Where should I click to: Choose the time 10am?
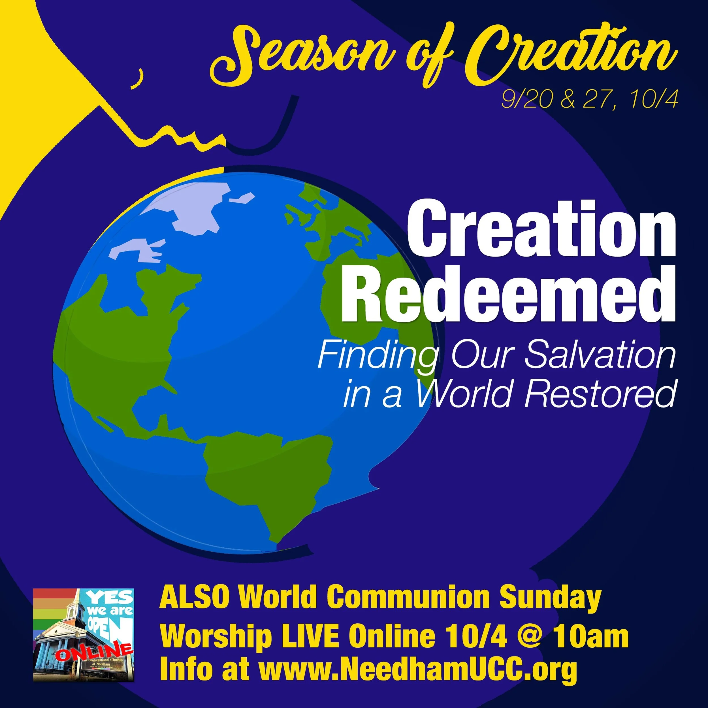pyautogui.click(x=591, y=637)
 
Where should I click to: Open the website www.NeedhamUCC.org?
pyautogui.click(x=418, y=669)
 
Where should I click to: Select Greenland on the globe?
pyautogui.click(x=191, y=205)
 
